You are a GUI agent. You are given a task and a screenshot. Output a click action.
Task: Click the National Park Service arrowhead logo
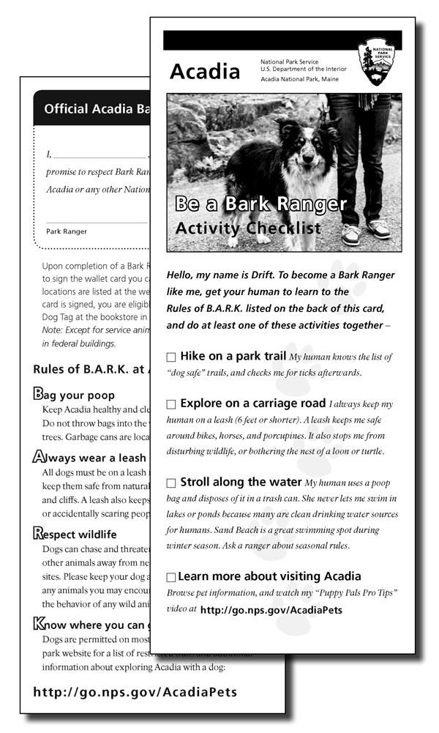point(376,62)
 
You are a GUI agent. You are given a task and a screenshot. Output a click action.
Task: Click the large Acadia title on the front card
point(204,72)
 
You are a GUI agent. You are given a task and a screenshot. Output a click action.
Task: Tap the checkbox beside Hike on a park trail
point(171,357)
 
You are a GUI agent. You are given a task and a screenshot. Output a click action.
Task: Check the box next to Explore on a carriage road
point(171,404)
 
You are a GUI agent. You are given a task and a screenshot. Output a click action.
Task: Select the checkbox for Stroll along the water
point(171,483)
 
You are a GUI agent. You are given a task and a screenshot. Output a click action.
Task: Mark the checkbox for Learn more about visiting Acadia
point(171,577)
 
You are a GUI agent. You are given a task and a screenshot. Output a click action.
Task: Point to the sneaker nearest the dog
point(352,234)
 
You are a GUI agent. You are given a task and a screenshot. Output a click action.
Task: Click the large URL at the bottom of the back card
point(135,691)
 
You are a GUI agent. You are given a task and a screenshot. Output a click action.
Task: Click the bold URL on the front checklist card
point(271,609)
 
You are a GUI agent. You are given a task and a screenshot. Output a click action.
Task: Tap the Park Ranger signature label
point(67,231)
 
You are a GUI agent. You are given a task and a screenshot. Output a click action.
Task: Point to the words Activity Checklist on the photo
point(248,228)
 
